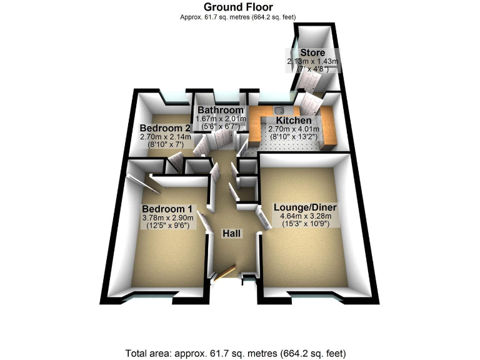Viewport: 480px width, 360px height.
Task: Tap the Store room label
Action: [313, 52]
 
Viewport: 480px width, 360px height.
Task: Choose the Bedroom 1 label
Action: [168, 208]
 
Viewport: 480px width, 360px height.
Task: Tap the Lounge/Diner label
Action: [306, 206]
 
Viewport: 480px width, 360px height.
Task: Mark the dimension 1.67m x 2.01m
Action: [216, 118]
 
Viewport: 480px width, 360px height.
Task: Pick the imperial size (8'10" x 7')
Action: [161, 143]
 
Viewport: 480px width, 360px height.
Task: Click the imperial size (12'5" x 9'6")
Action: [168, 226]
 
